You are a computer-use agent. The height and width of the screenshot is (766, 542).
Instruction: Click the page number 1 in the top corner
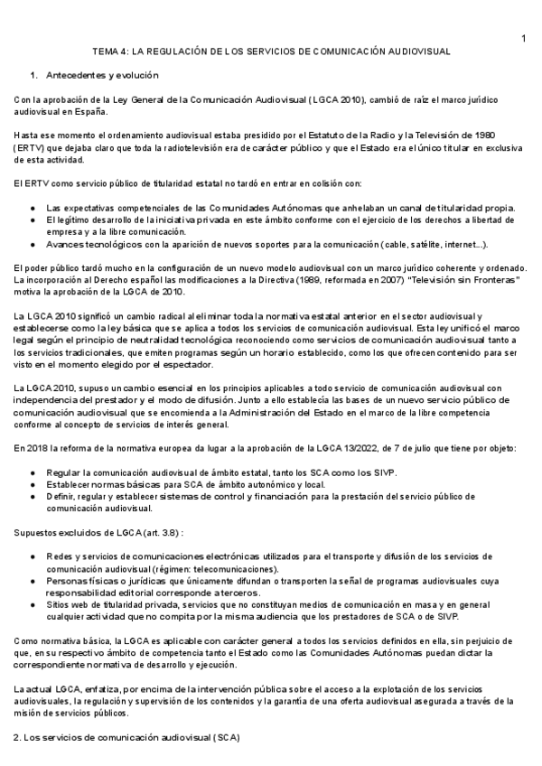tap(523, 37)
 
